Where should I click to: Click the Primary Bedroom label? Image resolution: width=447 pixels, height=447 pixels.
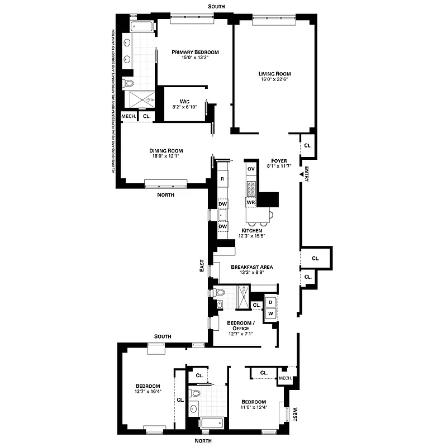[x=195, y=52]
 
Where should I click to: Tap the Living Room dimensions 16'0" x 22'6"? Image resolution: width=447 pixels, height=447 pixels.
[x=274, y=79]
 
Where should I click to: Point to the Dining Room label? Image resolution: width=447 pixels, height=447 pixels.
[x=166, y=150]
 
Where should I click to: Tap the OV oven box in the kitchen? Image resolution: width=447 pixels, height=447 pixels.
[x=251, y=169]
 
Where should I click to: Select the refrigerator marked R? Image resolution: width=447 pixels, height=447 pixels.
[x=222, y=179]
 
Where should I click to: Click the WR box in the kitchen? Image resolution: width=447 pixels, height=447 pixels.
[x=251, y=202]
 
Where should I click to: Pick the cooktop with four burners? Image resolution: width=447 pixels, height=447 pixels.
[x=251, y=187]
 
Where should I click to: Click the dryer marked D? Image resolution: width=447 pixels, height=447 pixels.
[x=270, y=302]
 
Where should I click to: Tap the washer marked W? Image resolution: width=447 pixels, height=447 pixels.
[x=270, y=314]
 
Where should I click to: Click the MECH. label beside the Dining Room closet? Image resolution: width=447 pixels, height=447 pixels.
[x=129, y=116]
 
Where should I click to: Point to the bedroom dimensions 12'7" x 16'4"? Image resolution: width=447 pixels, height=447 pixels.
[x=148, y=392]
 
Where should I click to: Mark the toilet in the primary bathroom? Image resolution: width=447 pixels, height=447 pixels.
[x=130, y=83]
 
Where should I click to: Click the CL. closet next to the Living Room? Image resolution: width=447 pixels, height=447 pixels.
[x=308, y=145]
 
